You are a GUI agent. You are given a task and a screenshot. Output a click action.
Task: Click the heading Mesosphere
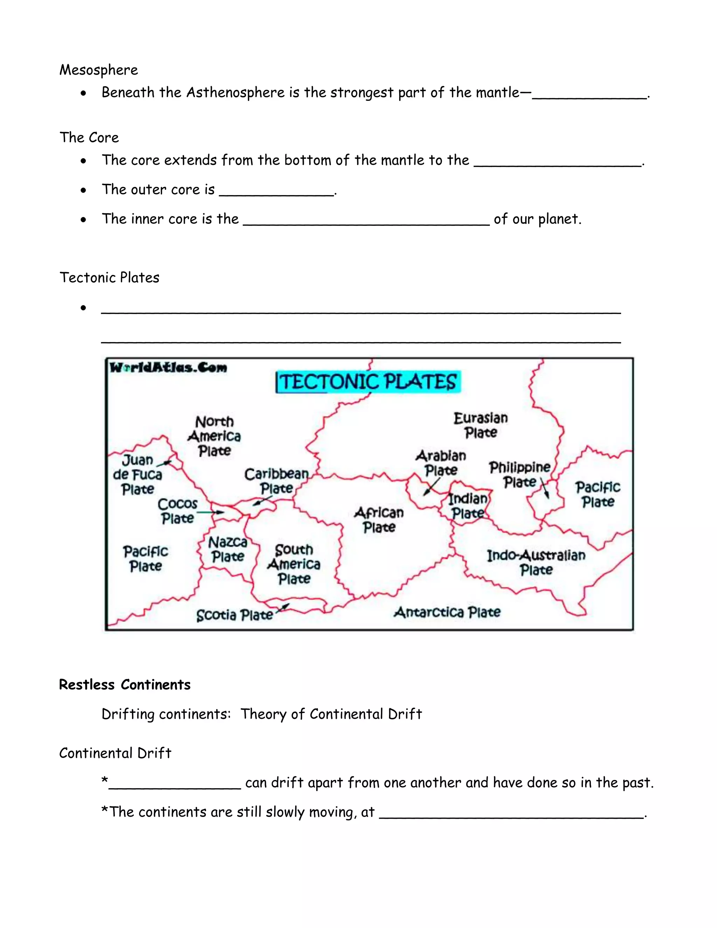pyautogui.click(x=98, y=70)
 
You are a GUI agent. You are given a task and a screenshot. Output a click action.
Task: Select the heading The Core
pyautogui.click(x=89, y=138)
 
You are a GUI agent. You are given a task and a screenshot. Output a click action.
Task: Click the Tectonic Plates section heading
pyautogui.click(x=109, y=277)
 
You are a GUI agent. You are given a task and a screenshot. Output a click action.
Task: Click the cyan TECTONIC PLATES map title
pyautogui.click(x=368, y=382)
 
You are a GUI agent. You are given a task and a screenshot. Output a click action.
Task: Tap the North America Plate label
pyautogui.click(x=215, y=436)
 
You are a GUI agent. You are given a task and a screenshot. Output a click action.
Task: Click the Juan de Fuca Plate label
pyautogui.click(x=137, y=475)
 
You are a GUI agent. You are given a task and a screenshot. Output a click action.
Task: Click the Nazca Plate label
pyautogui.click(x=228, y=549)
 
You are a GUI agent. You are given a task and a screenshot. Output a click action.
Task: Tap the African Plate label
pyautogui.click(x=379, y=520)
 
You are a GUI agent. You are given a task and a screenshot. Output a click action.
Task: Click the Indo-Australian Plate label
pyautogui.click(x=536, y=562)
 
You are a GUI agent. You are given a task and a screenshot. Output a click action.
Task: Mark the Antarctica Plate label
pyautogui.click(x=447, y=612)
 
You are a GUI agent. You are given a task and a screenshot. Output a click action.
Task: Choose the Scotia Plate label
pyautogui.click(x=235, y=615)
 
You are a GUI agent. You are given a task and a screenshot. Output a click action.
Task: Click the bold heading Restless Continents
pyautogui.click(x=124, y=685)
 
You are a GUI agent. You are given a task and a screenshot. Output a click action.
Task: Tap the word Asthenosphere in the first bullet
pyautogui.click(x=235, y=93)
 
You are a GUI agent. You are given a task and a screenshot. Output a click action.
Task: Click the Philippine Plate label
pyautogui.click(x=520, y=475)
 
